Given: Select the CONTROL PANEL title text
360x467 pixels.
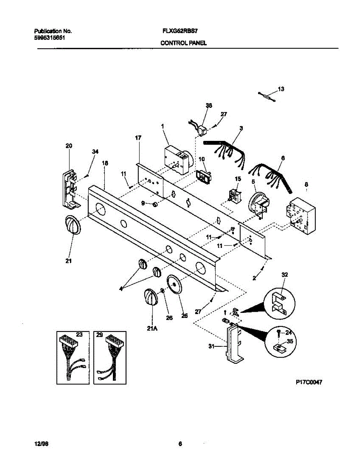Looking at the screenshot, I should (x=183, y=44).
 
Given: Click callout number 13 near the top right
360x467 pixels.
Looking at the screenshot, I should (x=281, y=89).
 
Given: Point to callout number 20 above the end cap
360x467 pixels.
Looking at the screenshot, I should (x=68, y=146).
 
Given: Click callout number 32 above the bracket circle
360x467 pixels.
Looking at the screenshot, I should (x=284, y=274).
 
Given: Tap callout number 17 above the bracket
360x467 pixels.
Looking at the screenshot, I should (x=138, y=138).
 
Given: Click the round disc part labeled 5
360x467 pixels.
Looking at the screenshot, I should (x=257, y=203).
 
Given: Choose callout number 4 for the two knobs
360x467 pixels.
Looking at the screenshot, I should (x=121, y=288).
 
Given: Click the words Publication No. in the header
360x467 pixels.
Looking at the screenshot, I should (x=53, y=30).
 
